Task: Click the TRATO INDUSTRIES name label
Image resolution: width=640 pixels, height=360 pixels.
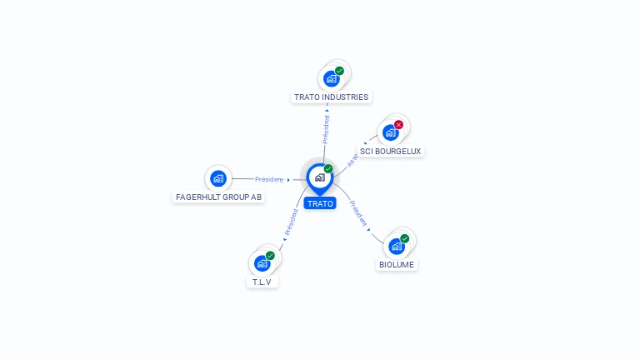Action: tap(331, 97)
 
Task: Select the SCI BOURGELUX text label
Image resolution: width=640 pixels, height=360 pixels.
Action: tap(391, 152)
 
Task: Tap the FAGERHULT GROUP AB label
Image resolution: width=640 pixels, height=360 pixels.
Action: tap(219, 197)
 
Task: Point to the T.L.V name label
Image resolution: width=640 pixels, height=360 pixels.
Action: tap(262, 282)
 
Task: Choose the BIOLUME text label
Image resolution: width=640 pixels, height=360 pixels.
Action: tap(397, 265)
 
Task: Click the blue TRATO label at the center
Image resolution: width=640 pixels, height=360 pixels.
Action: tap(320, 203)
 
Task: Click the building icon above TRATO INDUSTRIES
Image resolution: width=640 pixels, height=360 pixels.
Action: tap(332, 79)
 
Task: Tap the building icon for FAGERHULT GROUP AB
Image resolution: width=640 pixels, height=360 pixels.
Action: tap(218, 177)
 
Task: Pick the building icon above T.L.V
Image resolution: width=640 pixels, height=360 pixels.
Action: tap(262, 263)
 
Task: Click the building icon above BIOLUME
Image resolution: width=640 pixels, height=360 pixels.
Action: tap(396, 246)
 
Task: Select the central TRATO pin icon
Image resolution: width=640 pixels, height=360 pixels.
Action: tap(319, 177)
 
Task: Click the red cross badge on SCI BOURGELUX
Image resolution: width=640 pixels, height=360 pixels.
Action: tap(398, 125)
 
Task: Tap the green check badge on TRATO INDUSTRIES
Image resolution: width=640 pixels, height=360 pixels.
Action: tap(339, 71)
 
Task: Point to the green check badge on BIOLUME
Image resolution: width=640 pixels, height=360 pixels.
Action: tap(404, 238)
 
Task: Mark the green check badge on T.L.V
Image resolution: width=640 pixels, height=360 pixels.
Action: tap(270, 256)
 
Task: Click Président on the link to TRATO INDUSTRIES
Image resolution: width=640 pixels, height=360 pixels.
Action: tap(326, 129)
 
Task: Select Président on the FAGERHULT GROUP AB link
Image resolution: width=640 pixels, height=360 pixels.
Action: tap(269, 179)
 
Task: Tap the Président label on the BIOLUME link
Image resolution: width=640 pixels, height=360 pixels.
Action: tap(359, 214)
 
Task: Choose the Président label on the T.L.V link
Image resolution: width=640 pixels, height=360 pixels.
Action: tap(291, 222)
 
